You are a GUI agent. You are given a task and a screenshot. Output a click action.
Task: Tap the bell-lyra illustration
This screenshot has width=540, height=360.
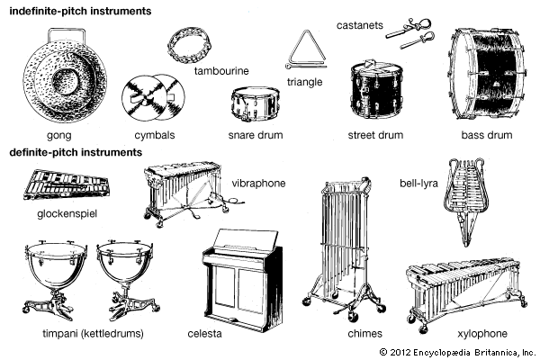coord(466,198)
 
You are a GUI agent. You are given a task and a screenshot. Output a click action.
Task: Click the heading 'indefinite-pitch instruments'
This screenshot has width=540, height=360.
coord(77,10)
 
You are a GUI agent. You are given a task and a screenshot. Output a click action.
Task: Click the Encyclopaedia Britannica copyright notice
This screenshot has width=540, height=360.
coord(457,352)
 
